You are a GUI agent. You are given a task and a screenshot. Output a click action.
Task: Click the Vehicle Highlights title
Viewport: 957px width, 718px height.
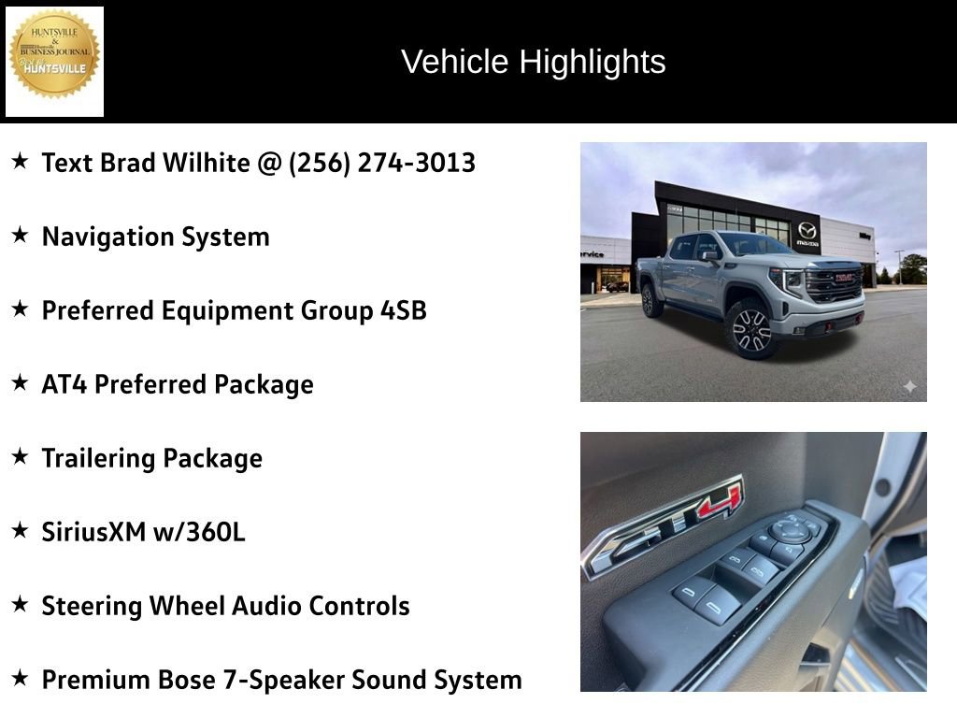[533, 62]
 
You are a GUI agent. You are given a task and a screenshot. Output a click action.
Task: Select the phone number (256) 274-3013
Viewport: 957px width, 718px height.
[382, 163]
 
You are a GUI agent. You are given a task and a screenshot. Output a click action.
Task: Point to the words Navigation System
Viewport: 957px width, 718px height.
[155, 237]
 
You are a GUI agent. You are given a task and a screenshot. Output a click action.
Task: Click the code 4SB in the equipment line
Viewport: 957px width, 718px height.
[403, 310]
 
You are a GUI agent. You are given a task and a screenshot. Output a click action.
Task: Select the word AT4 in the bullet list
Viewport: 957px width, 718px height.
[64, 384]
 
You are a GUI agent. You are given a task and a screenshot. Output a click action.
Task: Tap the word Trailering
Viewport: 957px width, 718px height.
[98, 458]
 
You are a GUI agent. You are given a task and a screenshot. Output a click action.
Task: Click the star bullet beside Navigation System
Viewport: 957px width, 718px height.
[20, 236]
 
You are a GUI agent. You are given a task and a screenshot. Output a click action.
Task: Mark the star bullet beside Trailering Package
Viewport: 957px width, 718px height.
[20, 457]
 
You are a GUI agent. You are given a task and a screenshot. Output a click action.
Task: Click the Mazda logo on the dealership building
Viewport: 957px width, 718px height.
[807, 230]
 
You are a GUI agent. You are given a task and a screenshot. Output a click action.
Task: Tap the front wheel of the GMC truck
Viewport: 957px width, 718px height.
[751, 330]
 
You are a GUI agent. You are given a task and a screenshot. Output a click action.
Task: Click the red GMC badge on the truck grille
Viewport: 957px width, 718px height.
[844, 278]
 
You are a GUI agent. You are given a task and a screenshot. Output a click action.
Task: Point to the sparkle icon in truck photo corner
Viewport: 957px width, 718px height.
[909, 386]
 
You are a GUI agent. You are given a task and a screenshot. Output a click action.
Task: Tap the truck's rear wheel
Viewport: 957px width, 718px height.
[650, 300]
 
